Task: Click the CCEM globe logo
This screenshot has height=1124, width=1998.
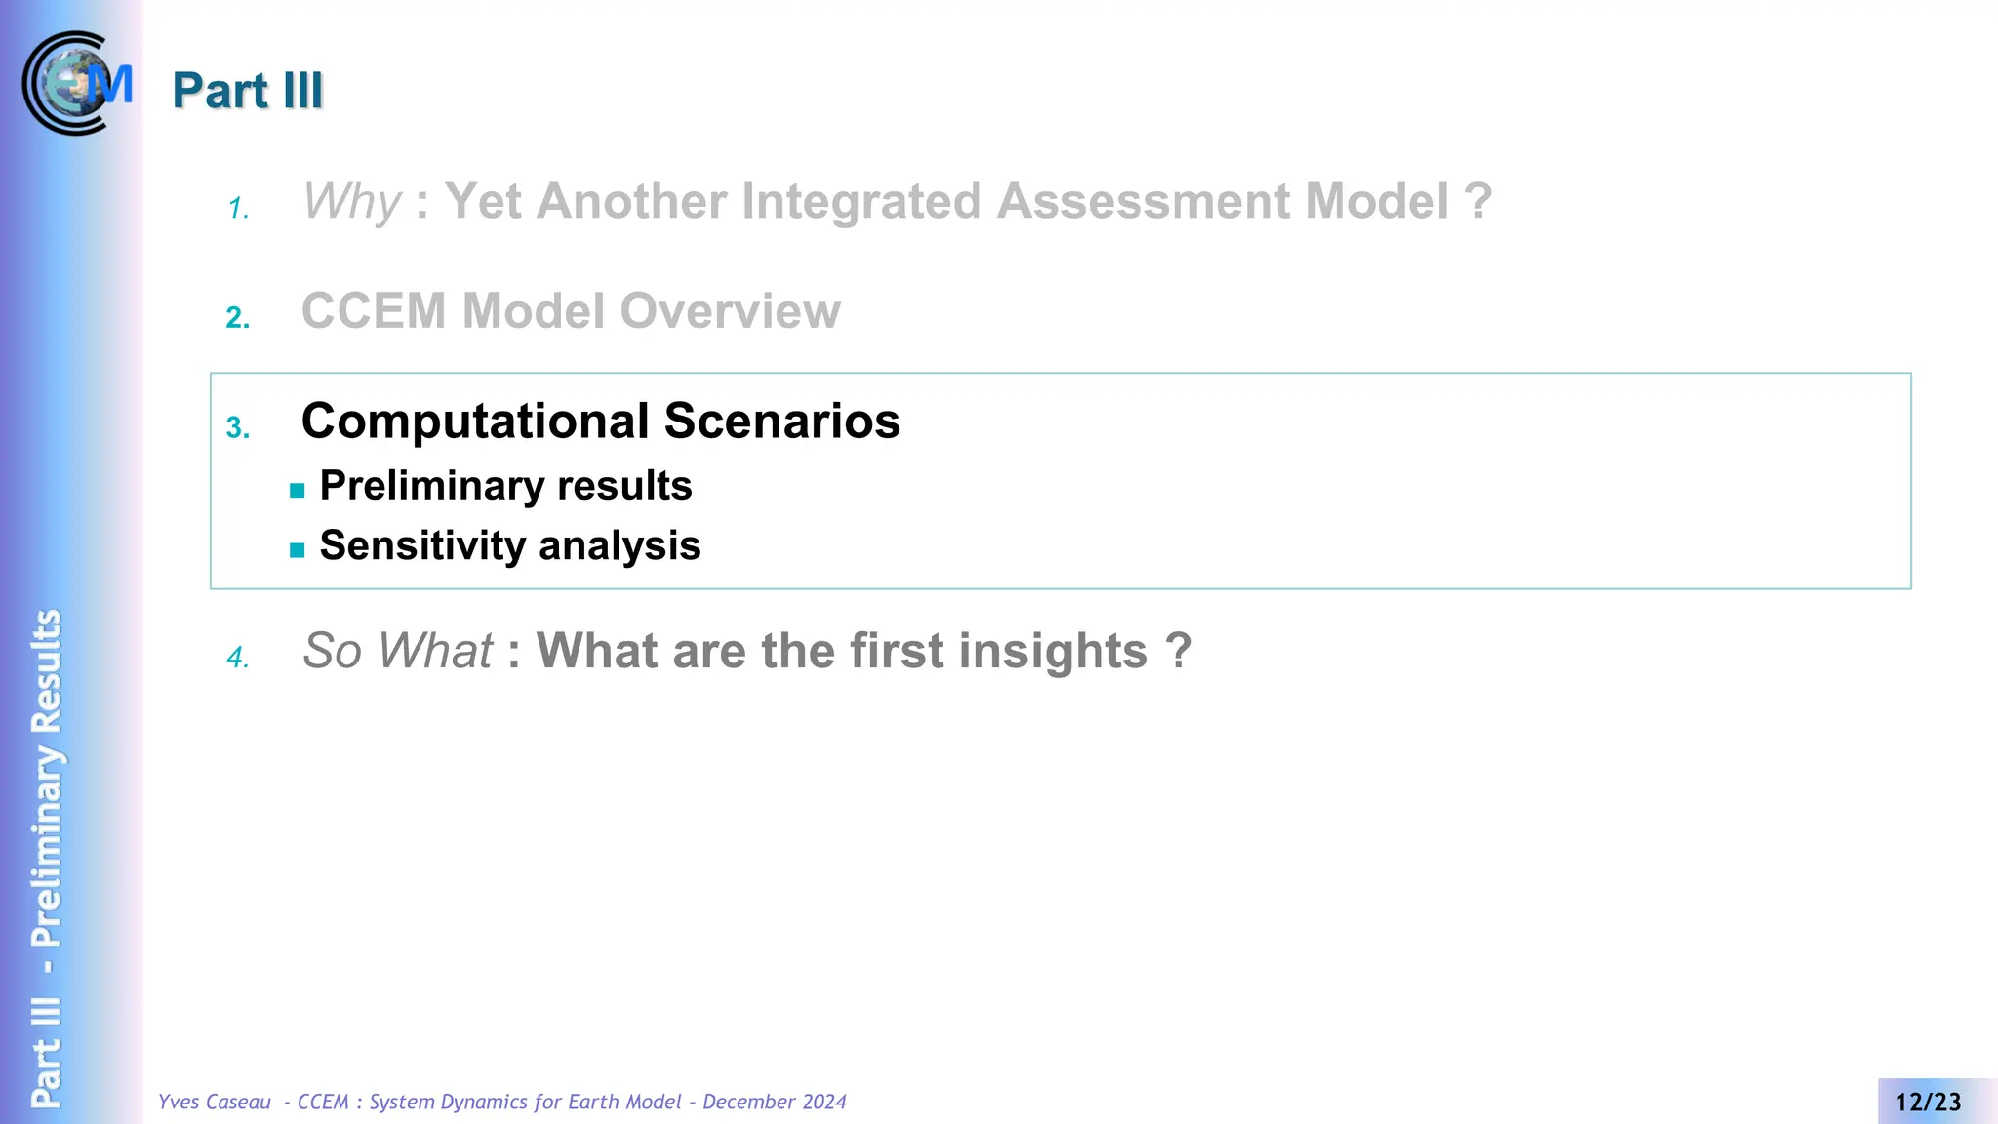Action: [76, 83]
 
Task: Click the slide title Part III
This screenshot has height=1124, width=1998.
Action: [248, 91]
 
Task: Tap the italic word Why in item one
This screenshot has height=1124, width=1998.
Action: [351, 202]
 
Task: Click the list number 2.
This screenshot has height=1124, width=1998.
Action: [238, 318]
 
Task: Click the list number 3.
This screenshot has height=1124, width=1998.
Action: [238, 428]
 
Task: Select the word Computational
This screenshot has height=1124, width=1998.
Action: [475, 421]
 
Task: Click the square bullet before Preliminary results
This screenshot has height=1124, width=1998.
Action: [298, 491]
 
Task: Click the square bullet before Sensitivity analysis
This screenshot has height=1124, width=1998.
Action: [298, 550]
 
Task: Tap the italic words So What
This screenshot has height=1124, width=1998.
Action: [397, 651]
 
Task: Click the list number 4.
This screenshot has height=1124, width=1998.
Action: [238, 658]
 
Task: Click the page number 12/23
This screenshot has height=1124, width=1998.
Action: [1928, 1103]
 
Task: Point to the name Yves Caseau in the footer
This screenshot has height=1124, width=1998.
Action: [215, 1103]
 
